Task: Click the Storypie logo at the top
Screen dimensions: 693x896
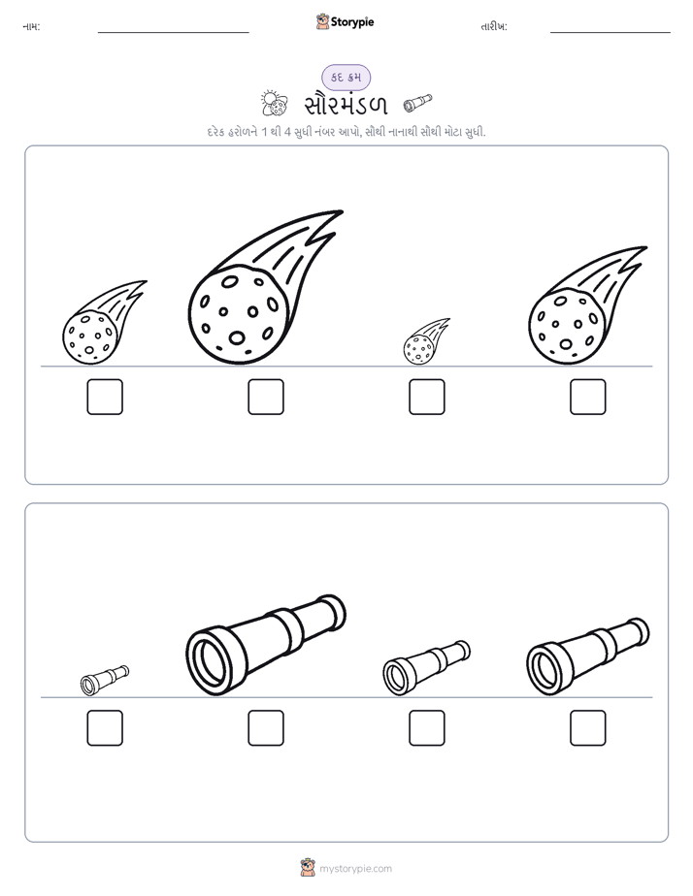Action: tap(345, 21)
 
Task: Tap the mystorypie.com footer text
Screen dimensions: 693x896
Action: tap(355, 869)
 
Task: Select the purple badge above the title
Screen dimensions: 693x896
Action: tap(346, 78)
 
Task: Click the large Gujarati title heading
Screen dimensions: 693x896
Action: tap(346, 105)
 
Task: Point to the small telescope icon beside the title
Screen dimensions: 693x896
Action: tap(417, 102)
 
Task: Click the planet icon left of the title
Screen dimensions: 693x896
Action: tap(274, 104)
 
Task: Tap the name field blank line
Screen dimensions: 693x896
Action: tap(173, 32)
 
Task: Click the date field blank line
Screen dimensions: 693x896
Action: tap(610, 32)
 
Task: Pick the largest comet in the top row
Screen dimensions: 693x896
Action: tap(265, 287)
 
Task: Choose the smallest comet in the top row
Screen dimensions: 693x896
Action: tap(426, 341)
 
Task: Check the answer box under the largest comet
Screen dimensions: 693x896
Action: tap(266, 397)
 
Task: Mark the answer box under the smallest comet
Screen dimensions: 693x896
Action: tap(427, 397)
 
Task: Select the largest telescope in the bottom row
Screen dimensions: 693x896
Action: tap(266, 645)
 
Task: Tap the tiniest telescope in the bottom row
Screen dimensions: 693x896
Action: tap(105, 680)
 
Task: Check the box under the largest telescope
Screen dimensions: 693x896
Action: tap(266, 728)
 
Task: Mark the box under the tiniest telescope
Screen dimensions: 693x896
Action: tap(105, 728)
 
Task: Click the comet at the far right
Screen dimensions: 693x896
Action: tap(588, 305)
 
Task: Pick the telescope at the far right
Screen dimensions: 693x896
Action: tap(588, 656)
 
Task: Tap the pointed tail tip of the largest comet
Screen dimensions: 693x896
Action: tap(343, 211)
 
